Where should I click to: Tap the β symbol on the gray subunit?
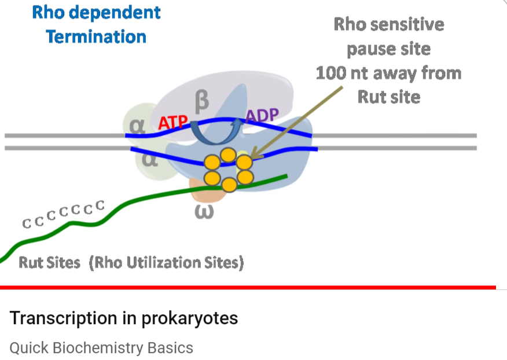[x=202, y=101]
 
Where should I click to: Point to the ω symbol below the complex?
[x=205, y=212]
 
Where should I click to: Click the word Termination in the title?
[x=95, y=37]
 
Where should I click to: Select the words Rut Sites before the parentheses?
[x=49, y=263]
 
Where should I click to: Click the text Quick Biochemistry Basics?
[x=101, y=348]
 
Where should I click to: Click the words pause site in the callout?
[x=388, y=49]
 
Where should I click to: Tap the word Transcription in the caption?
[x=64, y=318]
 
